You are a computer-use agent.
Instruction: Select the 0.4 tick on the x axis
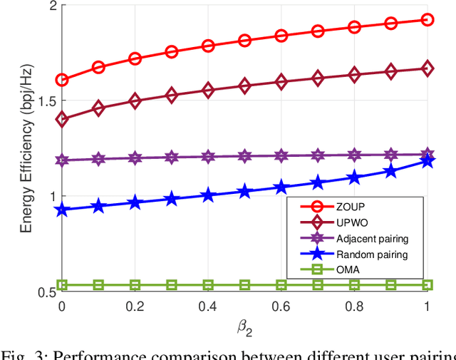pos(208,305)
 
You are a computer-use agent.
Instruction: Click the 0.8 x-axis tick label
pos(353,305)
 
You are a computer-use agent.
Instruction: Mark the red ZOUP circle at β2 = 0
pos(62,80)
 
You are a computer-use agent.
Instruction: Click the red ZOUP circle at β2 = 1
pos(427,20)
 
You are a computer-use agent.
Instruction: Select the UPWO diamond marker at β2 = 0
pos(62,120)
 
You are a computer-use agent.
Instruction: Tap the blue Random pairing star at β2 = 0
pos(62,210)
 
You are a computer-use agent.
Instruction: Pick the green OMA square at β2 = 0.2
pos(135,285)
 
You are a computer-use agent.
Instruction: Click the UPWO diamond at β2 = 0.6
pos(281,82)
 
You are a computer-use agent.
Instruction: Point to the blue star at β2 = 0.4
pos(208,195)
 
